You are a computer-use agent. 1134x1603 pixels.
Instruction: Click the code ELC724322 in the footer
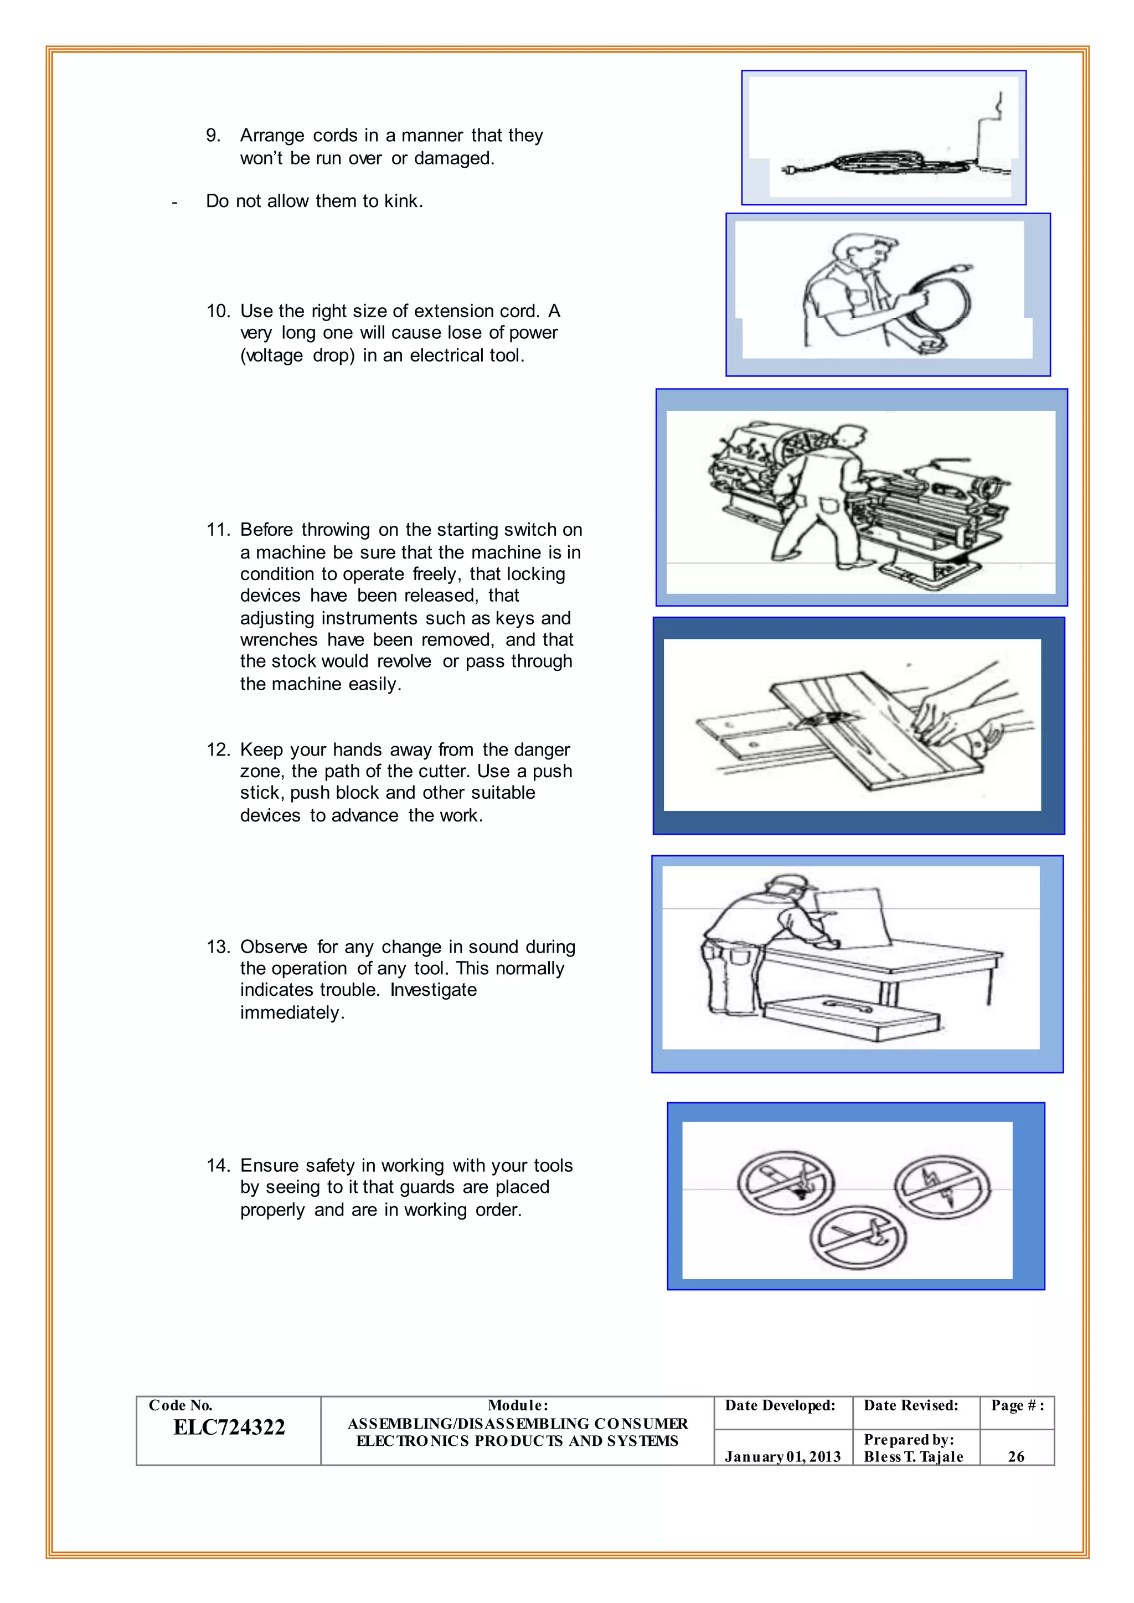coord(229,1428)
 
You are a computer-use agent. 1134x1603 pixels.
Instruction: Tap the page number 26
coord(1016,1456)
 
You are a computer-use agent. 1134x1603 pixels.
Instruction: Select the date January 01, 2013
coord(782,1456)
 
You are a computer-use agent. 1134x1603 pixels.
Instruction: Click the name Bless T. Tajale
coord(913,1456)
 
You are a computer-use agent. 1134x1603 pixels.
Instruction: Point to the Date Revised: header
coord(910,1405)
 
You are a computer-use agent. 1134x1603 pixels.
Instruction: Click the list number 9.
coord(213,136)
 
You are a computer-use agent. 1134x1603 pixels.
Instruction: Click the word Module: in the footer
coord(517,1405)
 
